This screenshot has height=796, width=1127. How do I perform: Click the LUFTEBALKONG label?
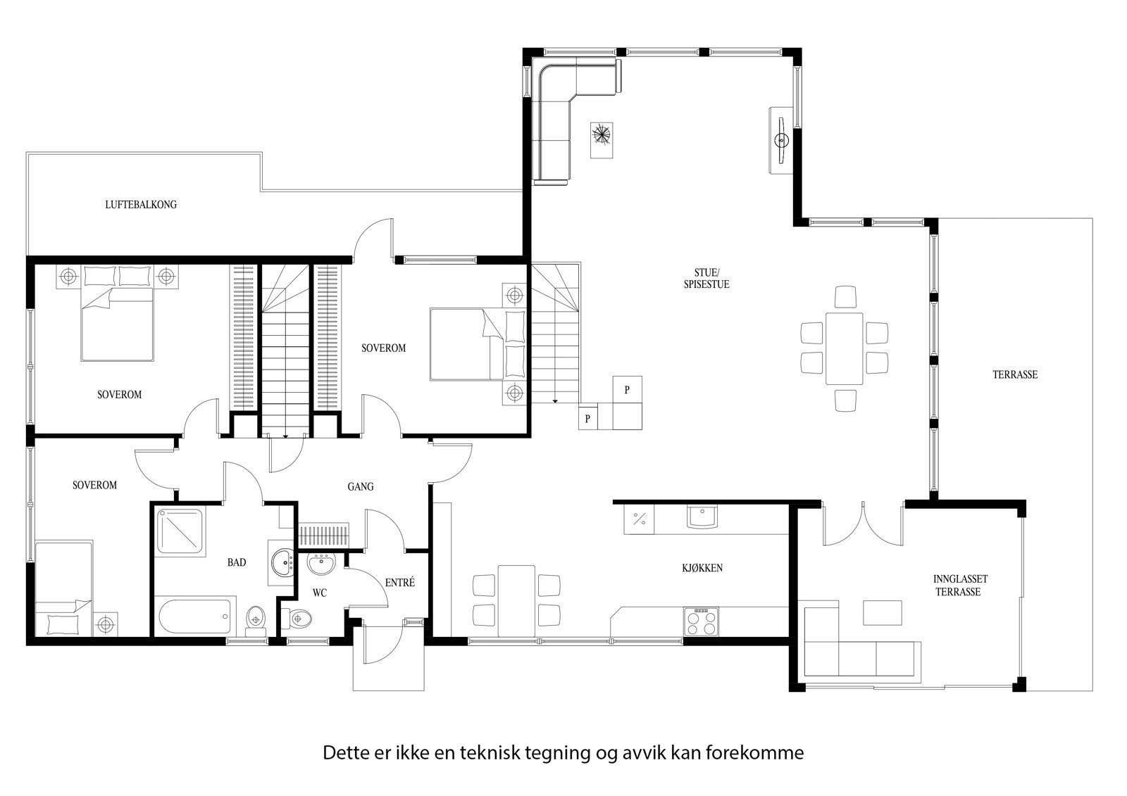[140, 205]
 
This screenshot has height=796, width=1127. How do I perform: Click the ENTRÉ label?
[399, 583]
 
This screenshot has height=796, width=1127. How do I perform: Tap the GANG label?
[361, 486]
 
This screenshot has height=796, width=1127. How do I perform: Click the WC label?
[319, 593]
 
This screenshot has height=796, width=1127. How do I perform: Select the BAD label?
[237, 562]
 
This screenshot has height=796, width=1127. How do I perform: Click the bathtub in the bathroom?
[194, 617]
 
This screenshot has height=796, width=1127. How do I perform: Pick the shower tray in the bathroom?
[180, 530]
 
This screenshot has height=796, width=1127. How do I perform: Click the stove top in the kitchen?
[700, 621]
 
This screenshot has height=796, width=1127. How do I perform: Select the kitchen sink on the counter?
[702, 517]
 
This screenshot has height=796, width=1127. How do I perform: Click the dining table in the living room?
[844, 348]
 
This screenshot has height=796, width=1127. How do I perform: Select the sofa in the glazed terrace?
[859, 658]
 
